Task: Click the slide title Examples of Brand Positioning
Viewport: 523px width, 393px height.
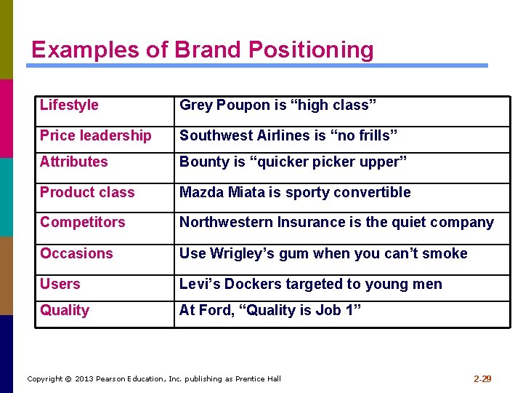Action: click(x=202, y=49)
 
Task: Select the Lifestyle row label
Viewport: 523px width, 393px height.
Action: click(x=69, y=105)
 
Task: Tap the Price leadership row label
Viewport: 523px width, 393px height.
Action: click(x=96, y=135)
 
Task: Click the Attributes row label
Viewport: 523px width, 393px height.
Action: click(x=73, y=162)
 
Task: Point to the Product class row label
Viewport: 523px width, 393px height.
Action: click(x=87, y=192)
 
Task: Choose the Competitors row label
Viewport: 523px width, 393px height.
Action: click(x=82, y=222)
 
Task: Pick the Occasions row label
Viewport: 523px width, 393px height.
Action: click(x=76, y=253)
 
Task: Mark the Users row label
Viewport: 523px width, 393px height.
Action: click(x=60, y=284)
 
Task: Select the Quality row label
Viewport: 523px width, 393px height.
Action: click(x=65, y=310)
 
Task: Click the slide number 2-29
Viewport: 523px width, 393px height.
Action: click(x=482, y=378)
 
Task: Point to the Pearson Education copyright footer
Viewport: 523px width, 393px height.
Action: click(x=153, y=378)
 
